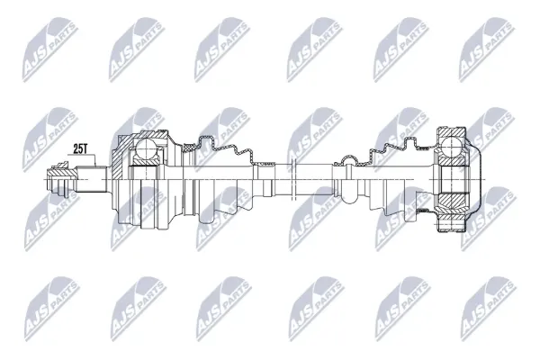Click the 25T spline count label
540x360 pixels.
click(x=80, y=148)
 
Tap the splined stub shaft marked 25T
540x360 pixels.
click(x=91, y=179)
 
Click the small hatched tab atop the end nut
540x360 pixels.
click(x=61, y=165)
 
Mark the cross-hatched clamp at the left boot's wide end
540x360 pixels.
click(x=189, y=148)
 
